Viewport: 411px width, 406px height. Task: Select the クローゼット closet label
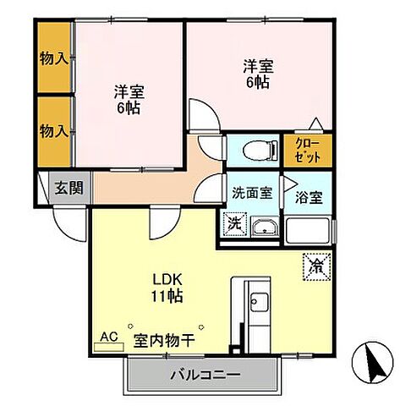pyautogui.click(x=308, y=151)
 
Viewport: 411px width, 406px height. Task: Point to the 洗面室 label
pyautogui.click(x=251, y=192)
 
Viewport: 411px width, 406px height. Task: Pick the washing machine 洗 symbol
pyautogui.click(x=233, y=224)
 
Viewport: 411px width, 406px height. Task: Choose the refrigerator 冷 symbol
pyautogui.click(x=315, y=265)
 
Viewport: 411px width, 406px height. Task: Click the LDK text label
pyautogui.click(x=166, y=279)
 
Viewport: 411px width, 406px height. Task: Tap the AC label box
pyautogui.click(x=109, y=337)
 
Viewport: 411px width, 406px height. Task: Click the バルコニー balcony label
pyautogui.click(x=203, y=374)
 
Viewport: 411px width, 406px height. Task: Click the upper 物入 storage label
pyautogui.click(x=54, y=59)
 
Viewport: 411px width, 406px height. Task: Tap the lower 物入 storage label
pyautogui.click(x=54, y=130)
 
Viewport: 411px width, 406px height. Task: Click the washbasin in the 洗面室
pyautogui.click(x=263, y=227)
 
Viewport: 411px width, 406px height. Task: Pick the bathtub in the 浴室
pyautogui.click(x=309, y=230)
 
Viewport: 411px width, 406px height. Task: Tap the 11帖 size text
pyautogui.click(x=166, y=296)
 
